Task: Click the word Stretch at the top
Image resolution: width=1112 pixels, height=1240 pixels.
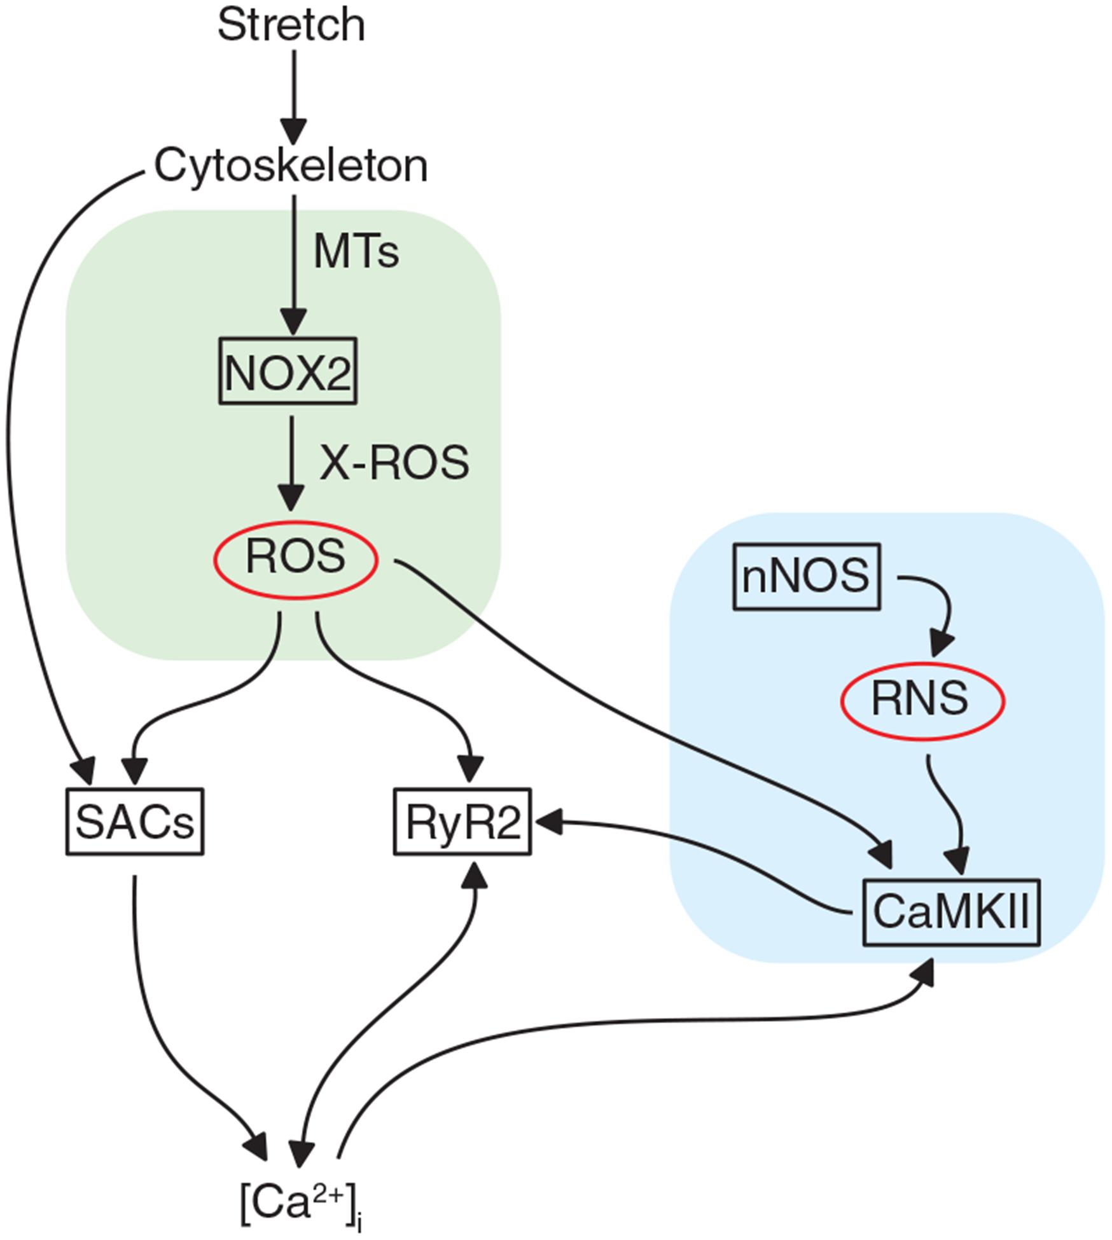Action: (x=291, y=25)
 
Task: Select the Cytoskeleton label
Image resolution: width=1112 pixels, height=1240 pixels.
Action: (x=291, y=167)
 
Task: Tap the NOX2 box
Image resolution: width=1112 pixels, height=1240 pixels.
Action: (x=288, y=371)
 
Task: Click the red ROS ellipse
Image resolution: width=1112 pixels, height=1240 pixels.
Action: (x=296, y=558)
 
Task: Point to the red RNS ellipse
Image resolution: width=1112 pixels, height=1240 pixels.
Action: (x=923, y=700)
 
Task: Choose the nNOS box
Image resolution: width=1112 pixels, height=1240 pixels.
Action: (x=807, y=577)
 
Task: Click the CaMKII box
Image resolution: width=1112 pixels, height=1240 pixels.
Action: (x=951, y=912)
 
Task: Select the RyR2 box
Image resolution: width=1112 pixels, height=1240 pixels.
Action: (x=462, y=822)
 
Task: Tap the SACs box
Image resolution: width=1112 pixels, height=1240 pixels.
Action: (x=135, y=822)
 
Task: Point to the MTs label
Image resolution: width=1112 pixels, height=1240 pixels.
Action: (x=356, y=252)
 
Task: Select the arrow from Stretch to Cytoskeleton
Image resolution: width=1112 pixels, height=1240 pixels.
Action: (x=294, y=95)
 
